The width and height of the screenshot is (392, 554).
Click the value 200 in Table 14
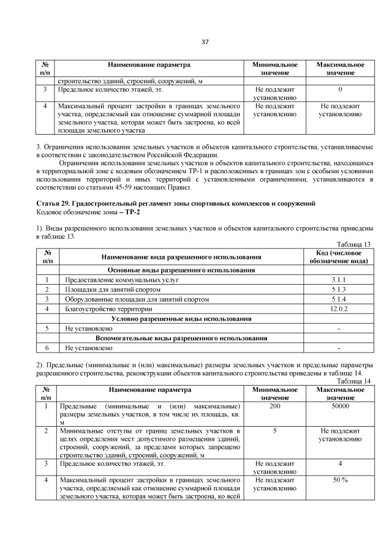click(x=275, y=406)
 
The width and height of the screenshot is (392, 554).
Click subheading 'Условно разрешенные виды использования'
click(x=181, y=319)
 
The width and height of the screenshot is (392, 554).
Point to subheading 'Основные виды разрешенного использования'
click(x=181, y=270)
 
